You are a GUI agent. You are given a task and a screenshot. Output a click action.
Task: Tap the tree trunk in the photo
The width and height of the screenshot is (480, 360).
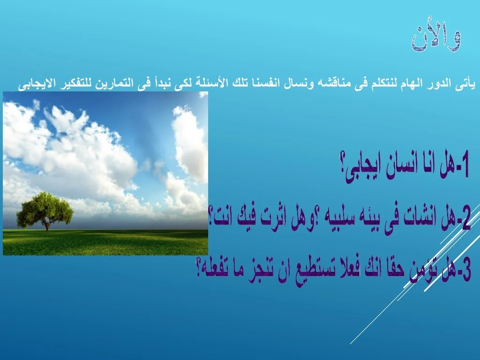point(47,226)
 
